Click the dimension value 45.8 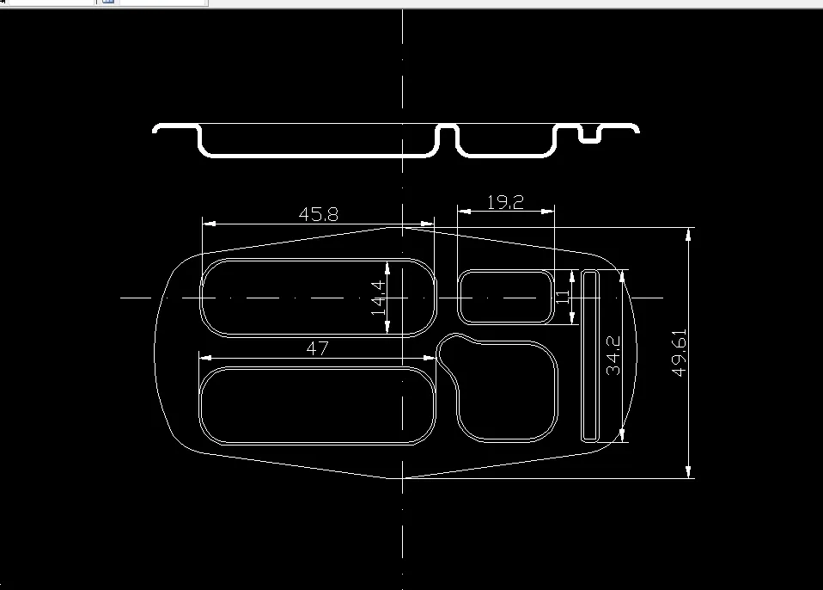click(318, 214)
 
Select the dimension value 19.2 click(505, 202)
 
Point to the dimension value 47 click(318, 348)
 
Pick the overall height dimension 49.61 click(680, 353)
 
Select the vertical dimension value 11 click(564, 297)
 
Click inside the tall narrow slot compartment click(589, 355)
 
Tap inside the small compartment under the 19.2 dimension click(505, 297)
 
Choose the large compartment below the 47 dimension click(318, 405)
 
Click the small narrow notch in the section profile click(589, 136)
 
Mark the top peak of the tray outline click(403, 227)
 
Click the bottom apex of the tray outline click(403, 477)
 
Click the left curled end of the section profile click(156, 129)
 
